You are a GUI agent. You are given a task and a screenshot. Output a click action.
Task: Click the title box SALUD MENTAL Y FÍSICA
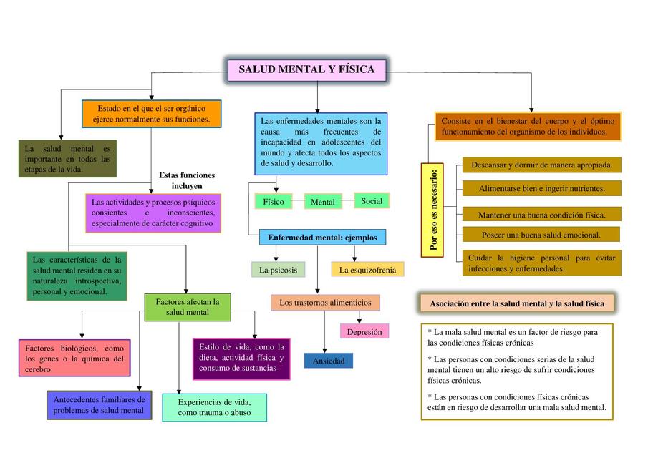(x=306, y=69)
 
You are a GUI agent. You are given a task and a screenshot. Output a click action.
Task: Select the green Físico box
(x=273, y=202)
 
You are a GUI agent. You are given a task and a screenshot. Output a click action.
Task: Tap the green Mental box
(x=323, y=202)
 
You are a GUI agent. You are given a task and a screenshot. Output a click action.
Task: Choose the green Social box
(x=372, y=201)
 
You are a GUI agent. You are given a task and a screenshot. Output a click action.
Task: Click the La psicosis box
(x=279, y=270)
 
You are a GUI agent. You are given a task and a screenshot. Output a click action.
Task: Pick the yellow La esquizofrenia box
(x=367, y=270)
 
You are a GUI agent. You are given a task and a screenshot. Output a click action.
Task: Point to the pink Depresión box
(x=364, y=331)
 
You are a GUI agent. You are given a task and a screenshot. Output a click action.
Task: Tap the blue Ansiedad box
(x=328, y=361)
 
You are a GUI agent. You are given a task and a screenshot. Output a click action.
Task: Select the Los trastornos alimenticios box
(x=325, y=303)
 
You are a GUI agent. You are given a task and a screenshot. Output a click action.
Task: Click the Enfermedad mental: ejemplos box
(x=322, y=237)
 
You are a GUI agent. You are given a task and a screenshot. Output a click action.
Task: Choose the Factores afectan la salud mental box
(x=188, y=306)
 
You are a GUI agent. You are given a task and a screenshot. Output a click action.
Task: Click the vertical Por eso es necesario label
(x=432, y=209)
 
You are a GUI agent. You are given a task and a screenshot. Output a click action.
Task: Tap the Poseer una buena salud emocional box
(x=541, y=235)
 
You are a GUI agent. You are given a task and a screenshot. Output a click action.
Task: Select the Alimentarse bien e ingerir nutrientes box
(x=541, y=189)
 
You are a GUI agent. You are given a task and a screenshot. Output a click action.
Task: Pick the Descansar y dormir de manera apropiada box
(x=541, y=165)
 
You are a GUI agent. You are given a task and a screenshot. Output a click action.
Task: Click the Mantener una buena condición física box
(x=541, y=214)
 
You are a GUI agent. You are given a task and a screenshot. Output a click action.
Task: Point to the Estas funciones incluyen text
(x=187, y=180)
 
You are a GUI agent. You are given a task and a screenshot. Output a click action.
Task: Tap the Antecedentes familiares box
(x=99, y=405)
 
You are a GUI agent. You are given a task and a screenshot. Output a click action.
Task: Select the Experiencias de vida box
(x=214, y=407)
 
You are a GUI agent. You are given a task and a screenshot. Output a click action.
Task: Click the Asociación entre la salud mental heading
(x=516, y=303)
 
